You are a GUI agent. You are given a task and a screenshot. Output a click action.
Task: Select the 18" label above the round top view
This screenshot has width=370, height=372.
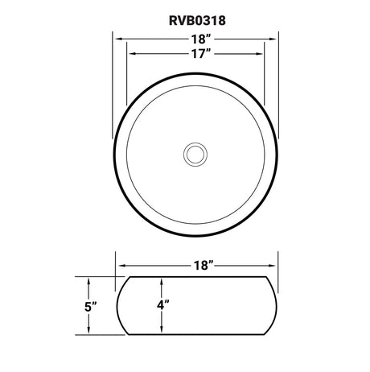(195, 38)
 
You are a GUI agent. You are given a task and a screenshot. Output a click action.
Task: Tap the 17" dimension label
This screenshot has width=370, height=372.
(195, 54)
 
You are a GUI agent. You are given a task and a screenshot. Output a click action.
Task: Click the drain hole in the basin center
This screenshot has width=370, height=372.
(195, 151)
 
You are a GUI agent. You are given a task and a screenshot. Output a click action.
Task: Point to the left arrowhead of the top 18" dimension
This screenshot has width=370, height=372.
(115, 38)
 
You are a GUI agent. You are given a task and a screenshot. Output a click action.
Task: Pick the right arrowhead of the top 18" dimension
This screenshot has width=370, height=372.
(276, 38)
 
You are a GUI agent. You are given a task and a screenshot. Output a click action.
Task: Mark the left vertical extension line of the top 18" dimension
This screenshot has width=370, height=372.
(112, 89)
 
